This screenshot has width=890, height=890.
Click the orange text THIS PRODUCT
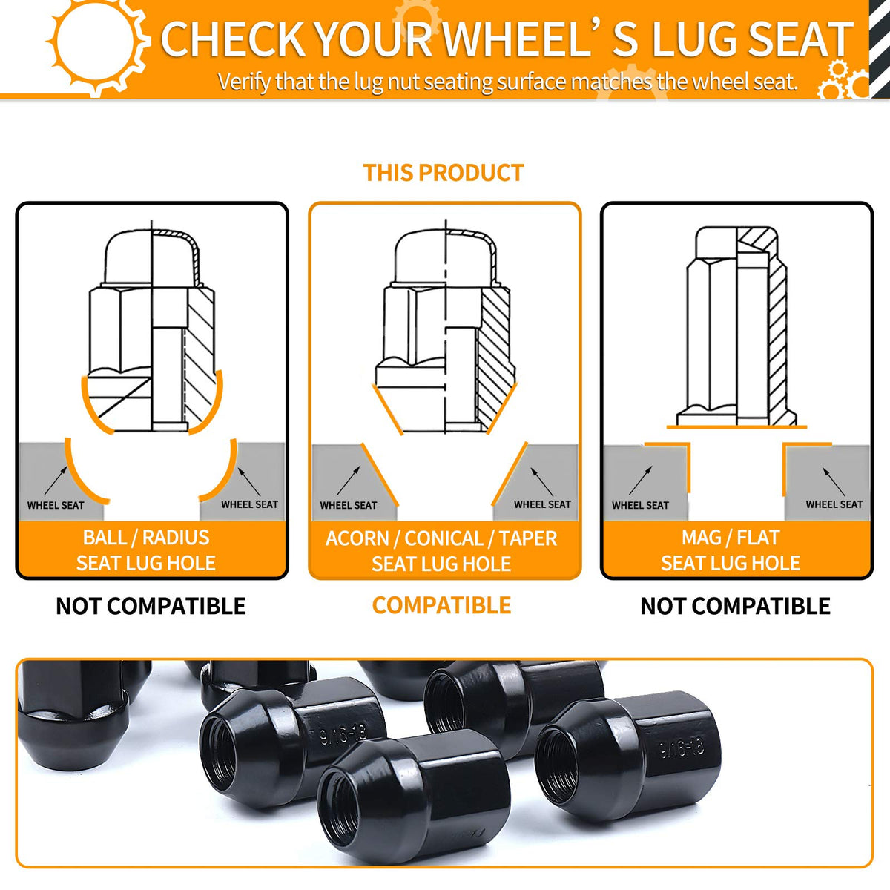click(443, 173)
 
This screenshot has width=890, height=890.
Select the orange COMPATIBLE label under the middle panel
click(441, 605)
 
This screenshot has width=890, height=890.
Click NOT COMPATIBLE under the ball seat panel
click(151, 606)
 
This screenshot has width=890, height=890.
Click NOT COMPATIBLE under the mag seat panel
click(735, 606)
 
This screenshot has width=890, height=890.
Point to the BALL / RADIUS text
click(146, 538)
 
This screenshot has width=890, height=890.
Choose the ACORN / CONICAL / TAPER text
click(441, 538)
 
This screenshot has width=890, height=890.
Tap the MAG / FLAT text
click(731, 538)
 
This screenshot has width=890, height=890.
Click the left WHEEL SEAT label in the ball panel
click(56, 505)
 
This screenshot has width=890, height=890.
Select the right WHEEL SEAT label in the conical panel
click(542, 504)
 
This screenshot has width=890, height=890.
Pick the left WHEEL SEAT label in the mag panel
click(640, 505)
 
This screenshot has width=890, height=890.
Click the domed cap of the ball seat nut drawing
click(152, 257)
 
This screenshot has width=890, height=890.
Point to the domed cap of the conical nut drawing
click(446, 257)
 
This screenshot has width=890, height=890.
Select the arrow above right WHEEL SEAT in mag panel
click(834, 482)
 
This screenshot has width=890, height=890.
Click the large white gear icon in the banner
click(97, 42)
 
